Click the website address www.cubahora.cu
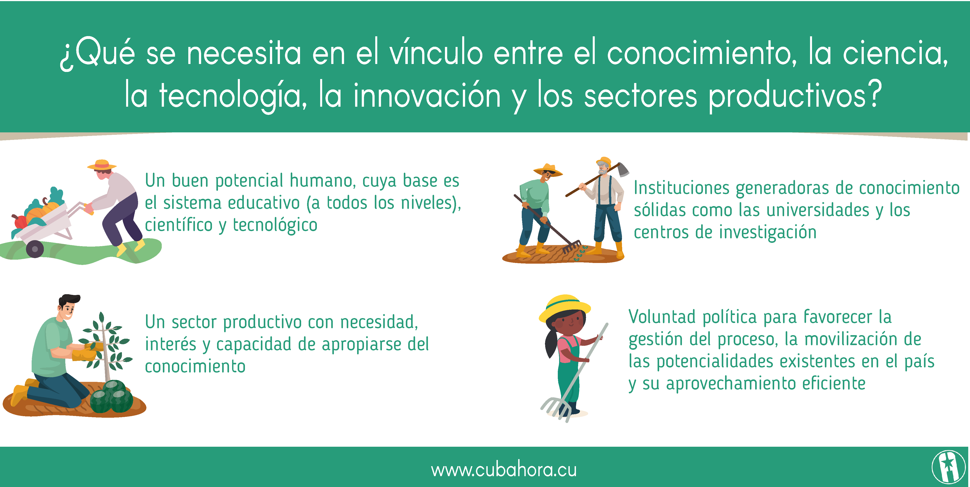[504, 470]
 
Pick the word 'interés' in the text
[171, 344]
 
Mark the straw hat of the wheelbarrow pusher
[102, 165]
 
